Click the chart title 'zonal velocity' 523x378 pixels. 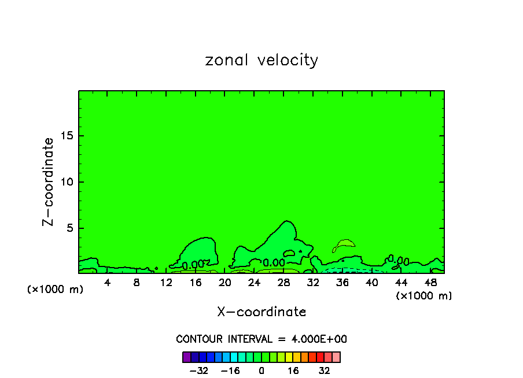(261, 60)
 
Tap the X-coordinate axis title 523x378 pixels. (261, 312)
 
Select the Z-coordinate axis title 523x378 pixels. (49, 181)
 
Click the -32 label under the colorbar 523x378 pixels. (199, 370)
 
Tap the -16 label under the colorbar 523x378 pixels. (230, 370)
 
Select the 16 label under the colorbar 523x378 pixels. (293, 370)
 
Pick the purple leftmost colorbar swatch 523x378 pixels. (186, 357)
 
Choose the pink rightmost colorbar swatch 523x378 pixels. (336, 357)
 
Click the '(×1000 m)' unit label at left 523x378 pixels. (56, 290)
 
